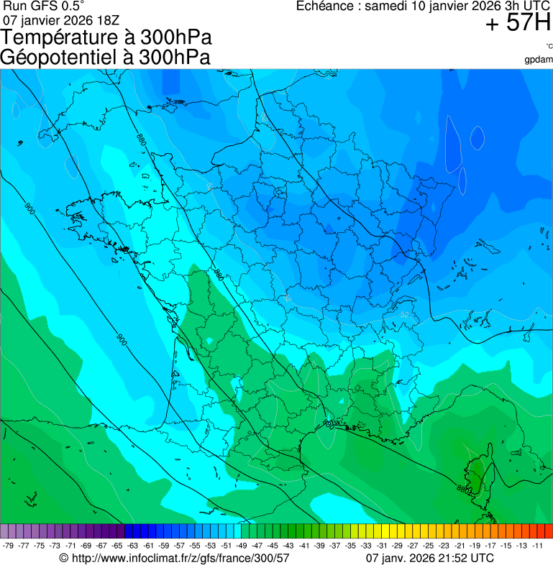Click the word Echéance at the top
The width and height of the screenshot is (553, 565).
(328, 6)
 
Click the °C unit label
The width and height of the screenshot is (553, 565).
(549, 47)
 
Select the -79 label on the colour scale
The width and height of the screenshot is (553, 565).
(9, 546)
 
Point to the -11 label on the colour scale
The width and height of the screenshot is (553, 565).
(537, 546)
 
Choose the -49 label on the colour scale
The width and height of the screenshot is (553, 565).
(242, 546)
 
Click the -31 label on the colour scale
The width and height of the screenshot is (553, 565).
(382, 546)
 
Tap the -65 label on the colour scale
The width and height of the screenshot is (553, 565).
(118, 546)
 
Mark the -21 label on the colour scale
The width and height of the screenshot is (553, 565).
(460, 546)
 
